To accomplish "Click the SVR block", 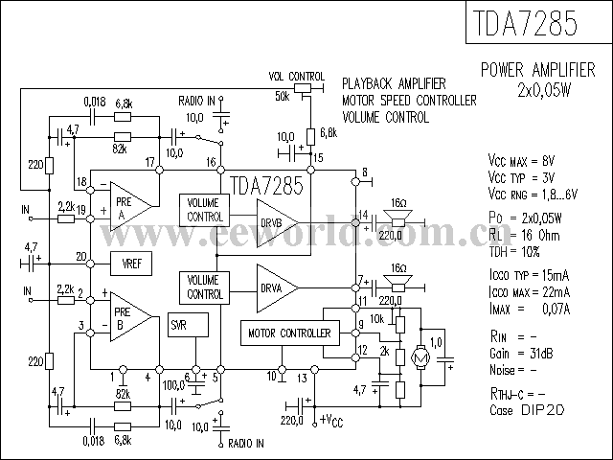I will tap(179, 325).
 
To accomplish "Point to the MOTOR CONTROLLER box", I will tap(289, 333).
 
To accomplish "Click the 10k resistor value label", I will tap(377, 319).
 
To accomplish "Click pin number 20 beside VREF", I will tap(81, 257).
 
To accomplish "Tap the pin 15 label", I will tap(318, 156).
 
